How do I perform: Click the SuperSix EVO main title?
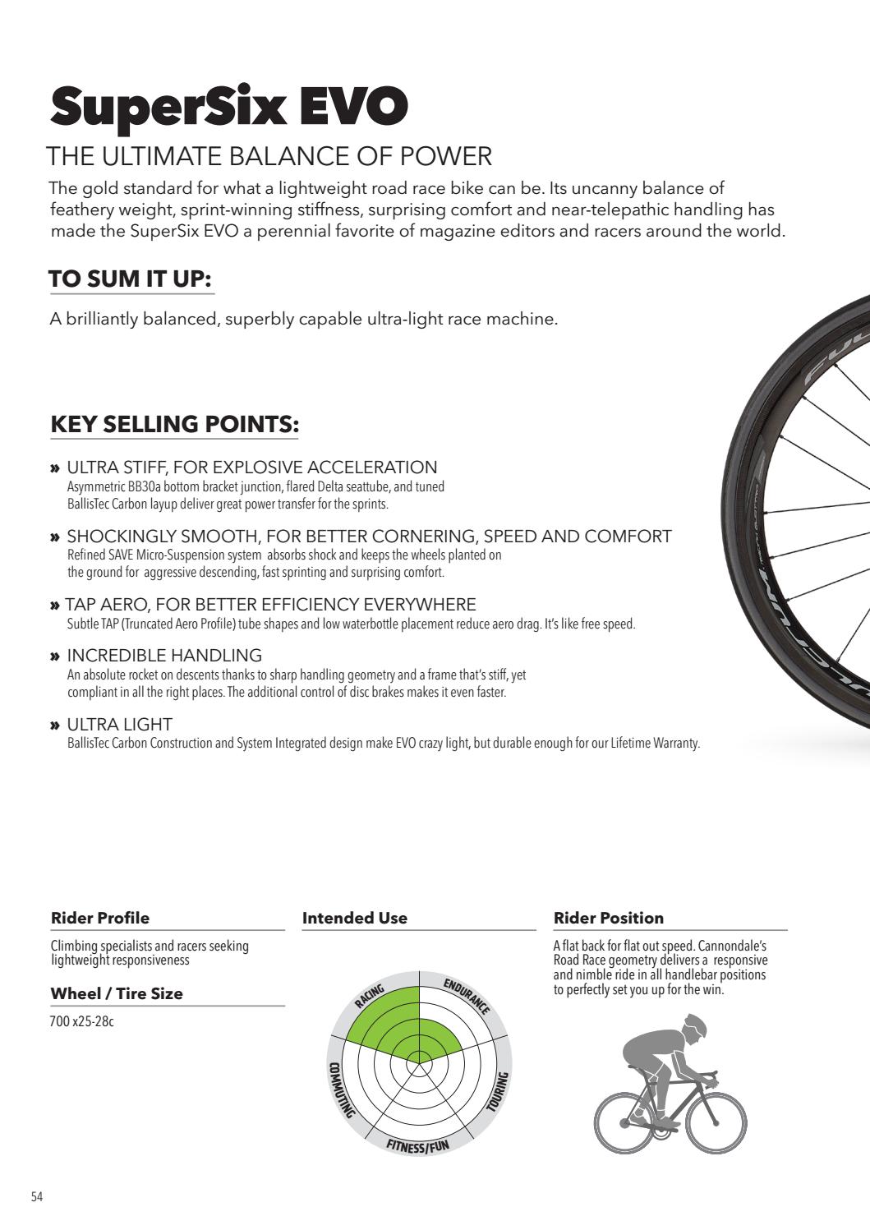coord(228,108)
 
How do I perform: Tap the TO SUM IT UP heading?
coord(131,279)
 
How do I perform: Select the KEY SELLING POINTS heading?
coord(174,424)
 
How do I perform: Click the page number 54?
coord(37,1196)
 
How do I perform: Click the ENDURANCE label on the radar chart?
coord(467,997)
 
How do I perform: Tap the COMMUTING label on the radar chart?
coord(340,1089)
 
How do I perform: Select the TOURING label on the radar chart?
coord(499,1091)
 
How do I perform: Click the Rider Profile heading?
coord(100,918)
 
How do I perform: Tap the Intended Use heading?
coord(355,918)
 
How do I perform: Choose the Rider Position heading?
coord(609,918)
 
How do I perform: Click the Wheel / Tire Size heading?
coord(117,993)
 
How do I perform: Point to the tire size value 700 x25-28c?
coord(82,1023)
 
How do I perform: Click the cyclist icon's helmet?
coord(695,1025)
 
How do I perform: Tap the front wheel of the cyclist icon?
coord(716,1122)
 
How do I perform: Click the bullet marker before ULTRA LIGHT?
coord(55,726)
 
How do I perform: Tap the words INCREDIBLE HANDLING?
coord(164,655)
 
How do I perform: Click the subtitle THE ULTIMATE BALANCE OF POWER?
coord(269,155)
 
